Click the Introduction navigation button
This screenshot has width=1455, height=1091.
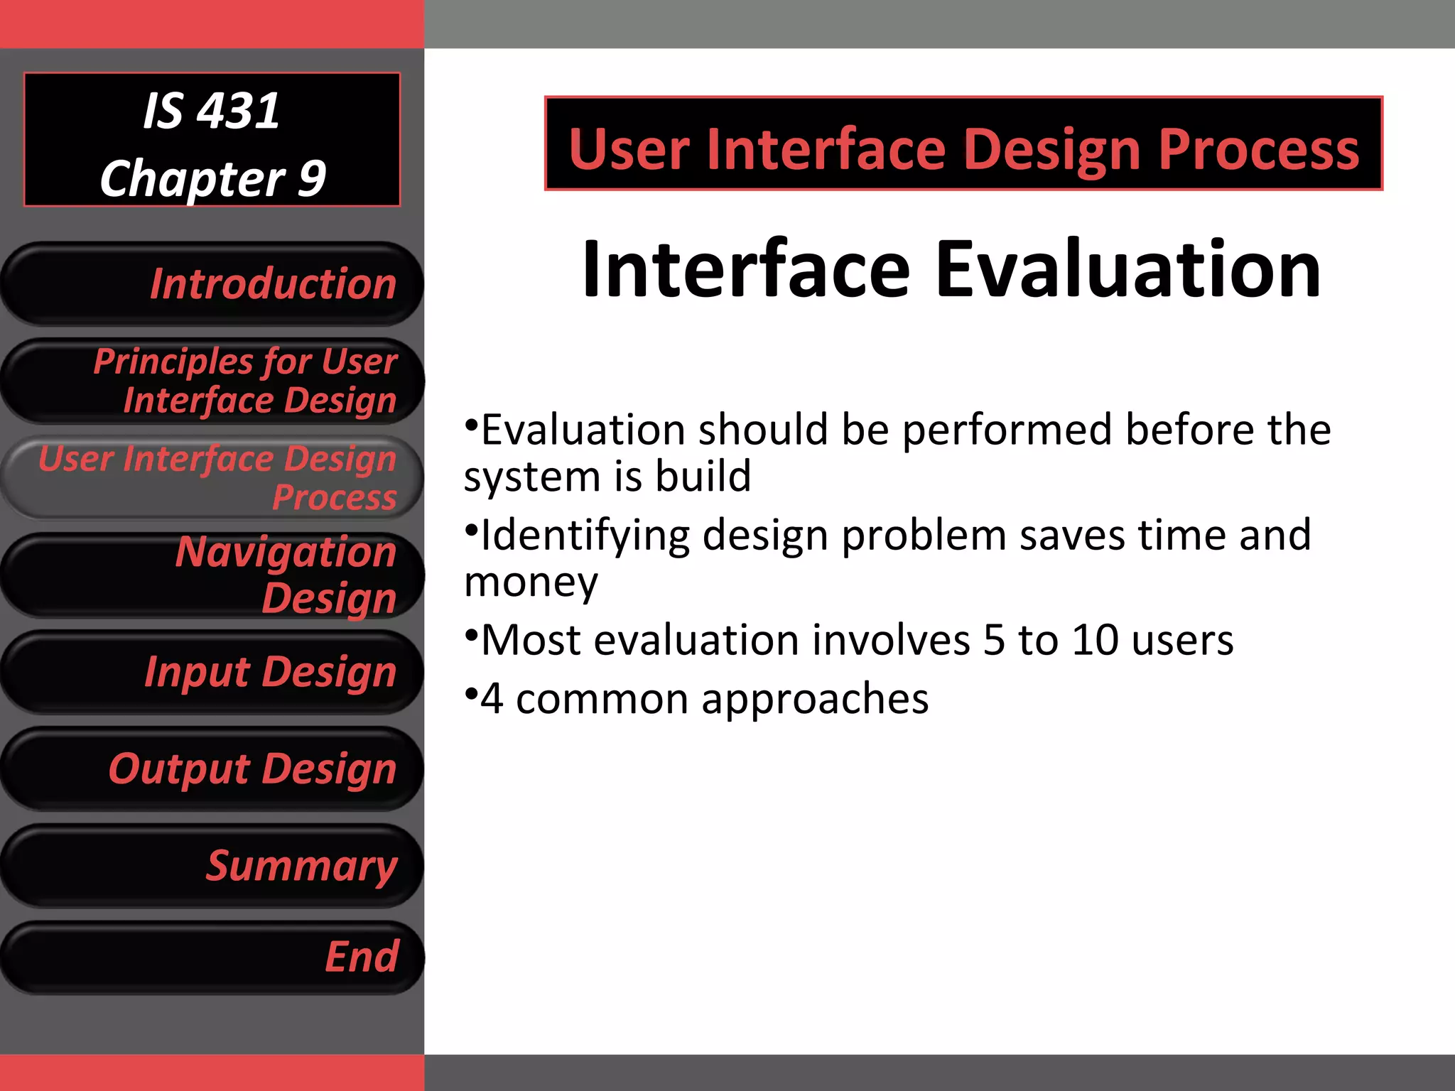(x=212, y=284)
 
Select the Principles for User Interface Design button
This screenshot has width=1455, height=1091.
(x=212, y=381)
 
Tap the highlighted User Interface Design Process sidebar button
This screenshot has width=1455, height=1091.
(x=212, y=477)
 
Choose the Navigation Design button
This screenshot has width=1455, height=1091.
(x=212, y=575)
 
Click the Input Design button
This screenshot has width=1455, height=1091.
(x=212, y=672)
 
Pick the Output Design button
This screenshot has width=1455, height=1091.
(x=212, y=769)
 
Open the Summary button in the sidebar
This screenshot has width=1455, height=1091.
(x=212, y=866)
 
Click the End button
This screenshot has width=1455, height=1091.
(x=212, y=957)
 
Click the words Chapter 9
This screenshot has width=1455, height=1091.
(x=212, y=178)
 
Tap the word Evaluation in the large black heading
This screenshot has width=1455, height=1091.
(x=1127, y=270)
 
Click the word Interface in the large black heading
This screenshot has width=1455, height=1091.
(x=745, y=270)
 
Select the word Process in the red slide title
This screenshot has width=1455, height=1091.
(x=1258, y=150)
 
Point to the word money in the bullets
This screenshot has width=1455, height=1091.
(x=531, y=582)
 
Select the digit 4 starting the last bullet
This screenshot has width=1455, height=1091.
(x=492, y=699)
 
